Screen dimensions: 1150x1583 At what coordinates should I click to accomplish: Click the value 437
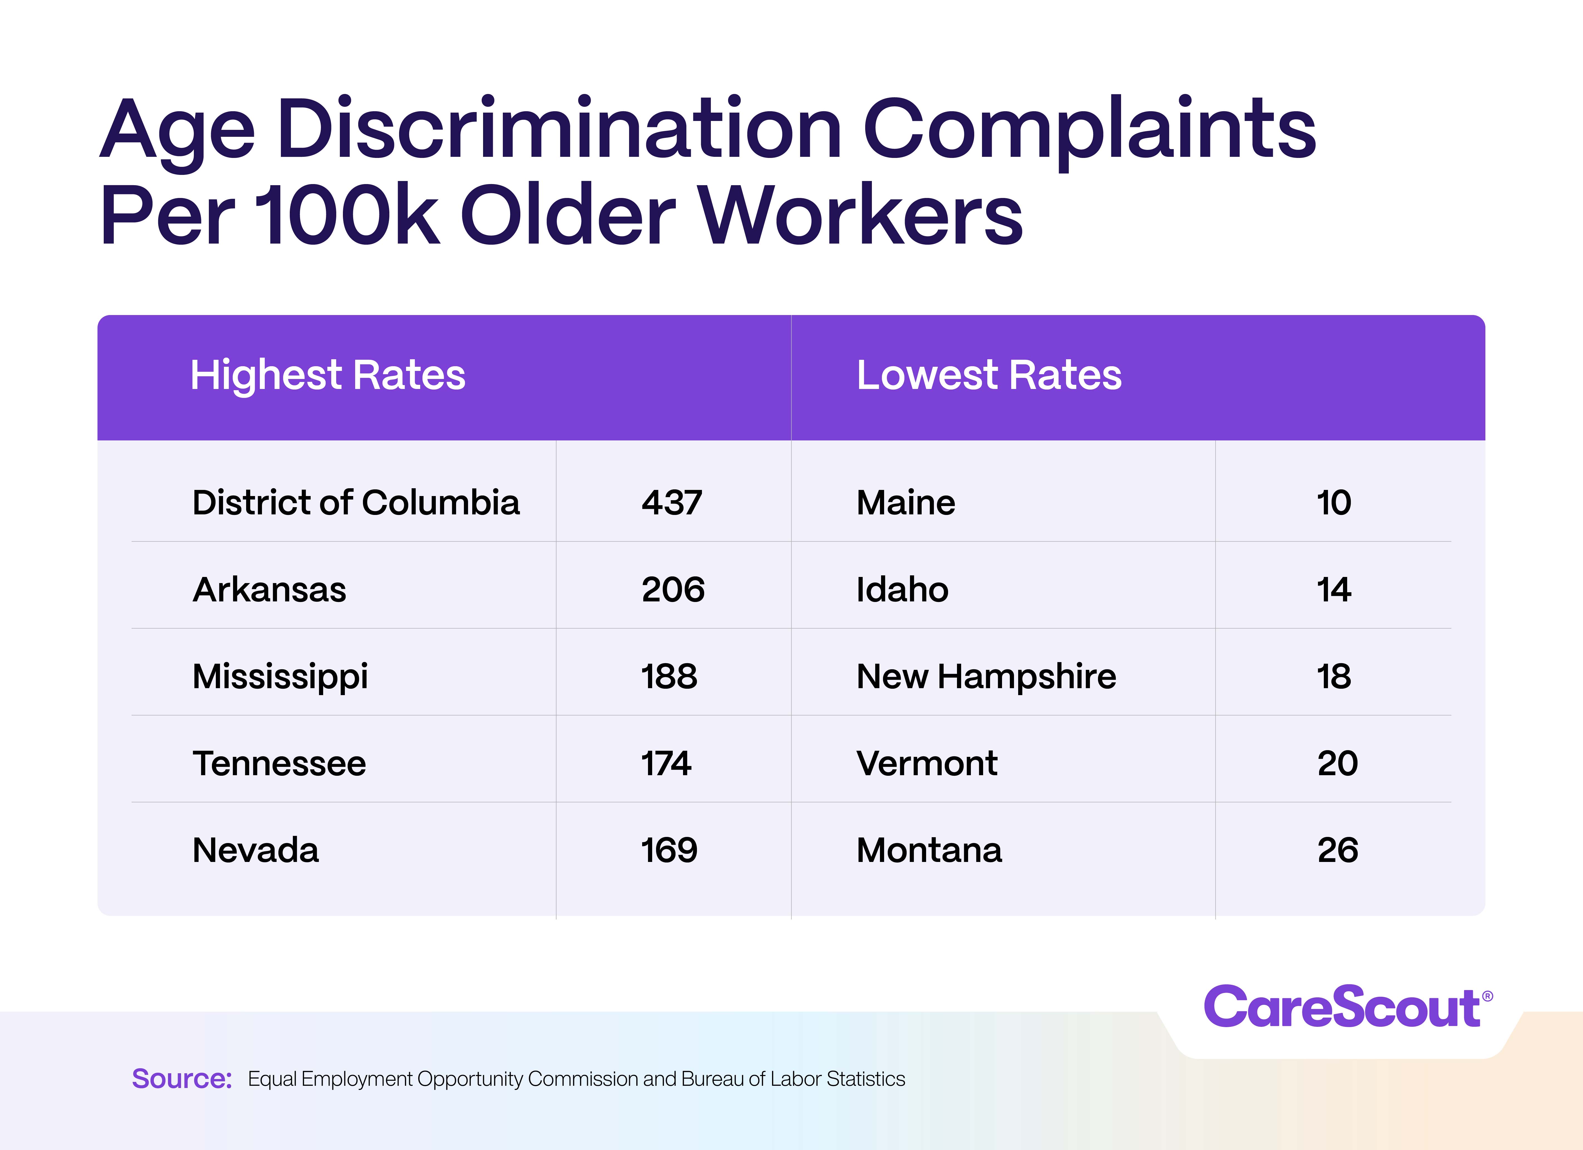point(671,502)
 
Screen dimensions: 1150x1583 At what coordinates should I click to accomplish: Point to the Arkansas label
point(269,590)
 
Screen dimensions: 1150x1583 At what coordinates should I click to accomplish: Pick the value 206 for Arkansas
point(673,590)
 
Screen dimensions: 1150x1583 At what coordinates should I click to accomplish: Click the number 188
point(669,676)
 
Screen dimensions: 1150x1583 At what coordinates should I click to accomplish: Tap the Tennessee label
point(279,764)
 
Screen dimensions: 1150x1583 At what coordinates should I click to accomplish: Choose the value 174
point(666,764)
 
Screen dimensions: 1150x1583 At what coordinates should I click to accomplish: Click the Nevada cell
point(256,850)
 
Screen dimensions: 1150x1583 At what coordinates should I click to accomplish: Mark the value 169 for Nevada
point(669,850)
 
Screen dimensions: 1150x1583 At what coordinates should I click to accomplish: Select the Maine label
point(905,502)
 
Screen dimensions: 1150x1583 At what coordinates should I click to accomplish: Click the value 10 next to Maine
point(1333,502)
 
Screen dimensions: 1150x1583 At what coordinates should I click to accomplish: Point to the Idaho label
point(902,590)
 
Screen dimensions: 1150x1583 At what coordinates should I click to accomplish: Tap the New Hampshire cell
point(986,676)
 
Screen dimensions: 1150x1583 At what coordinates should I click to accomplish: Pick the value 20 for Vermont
point(1337,764)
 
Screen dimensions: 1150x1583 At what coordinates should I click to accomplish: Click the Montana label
point(928,850)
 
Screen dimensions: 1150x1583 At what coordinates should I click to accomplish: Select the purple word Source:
point(182,1079)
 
